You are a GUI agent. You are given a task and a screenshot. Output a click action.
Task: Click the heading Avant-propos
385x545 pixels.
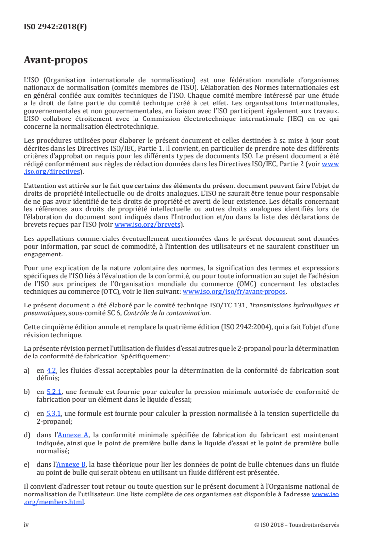pyautogui.click(x=56, y=60)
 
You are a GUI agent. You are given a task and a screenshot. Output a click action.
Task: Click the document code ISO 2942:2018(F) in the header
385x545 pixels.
pyautogui.click(x=55, y=27)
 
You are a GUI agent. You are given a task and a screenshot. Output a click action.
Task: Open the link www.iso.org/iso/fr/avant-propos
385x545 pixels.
pyautogui.click(x=234, y=292)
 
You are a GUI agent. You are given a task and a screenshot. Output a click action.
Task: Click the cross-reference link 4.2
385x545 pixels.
pyautogui.click(x=51, y=370)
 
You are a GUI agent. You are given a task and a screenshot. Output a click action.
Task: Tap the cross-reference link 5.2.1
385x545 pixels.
pyautogui.click(x=54, y=392)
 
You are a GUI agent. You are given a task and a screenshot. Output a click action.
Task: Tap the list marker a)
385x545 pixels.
pyautogui.click(x=27, y=370)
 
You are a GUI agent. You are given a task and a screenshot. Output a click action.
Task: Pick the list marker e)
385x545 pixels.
pyautogui.click(x=27, y=465)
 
